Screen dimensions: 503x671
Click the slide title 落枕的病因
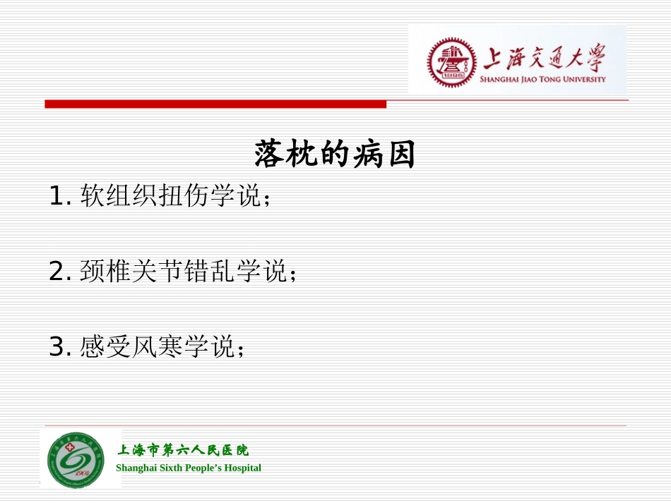click(335, 154)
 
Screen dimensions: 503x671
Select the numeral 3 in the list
click(57, 347)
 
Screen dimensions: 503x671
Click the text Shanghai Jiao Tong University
click(542, 80)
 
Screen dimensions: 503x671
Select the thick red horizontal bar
click(215, 104)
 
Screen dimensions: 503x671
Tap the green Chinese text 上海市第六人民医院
click(182, 450)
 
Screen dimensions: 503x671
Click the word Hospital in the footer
click(240, 468)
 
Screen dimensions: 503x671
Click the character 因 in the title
click(399, 154)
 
